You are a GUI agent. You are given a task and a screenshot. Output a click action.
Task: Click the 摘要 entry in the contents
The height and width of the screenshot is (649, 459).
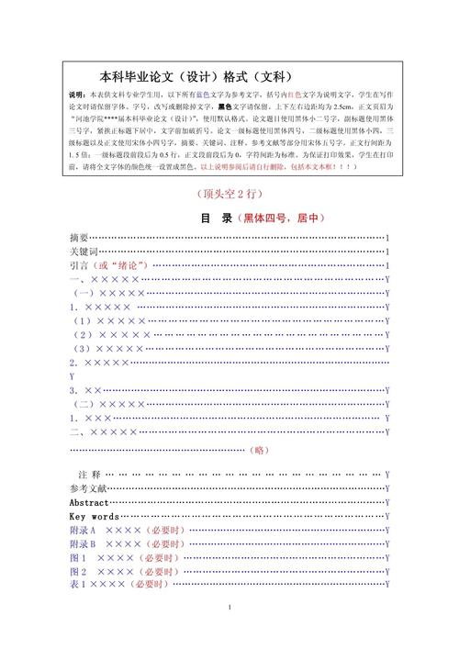[x=80, y=238]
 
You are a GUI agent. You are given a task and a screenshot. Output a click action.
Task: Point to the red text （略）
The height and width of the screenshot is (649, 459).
[x=260, y=450]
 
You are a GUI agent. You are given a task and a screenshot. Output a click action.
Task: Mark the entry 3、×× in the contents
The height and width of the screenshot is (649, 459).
[x=85, y=390]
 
